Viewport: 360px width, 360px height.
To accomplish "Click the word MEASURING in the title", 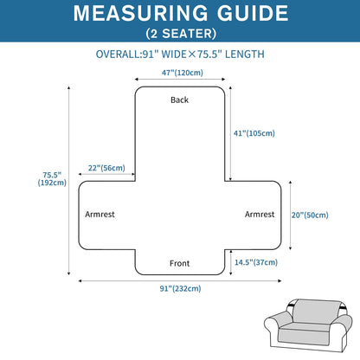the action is [x=140, y=13].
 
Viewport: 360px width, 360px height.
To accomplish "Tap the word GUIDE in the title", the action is [x=253, y=13].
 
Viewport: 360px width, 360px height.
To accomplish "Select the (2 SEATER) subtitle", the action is [x=181, y=34].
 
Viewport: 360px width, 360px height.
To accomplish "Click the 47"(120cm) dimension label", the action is [x=183, y=73].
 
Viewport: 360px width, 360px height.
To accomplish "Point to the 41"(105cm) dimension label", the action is [x=254, y=133].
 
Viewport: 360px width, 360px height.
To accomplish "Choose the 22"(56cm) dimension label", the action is [x=106, y=168].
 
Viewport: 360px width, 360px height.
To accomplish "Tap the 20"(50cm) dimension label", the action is [x=310, y=215].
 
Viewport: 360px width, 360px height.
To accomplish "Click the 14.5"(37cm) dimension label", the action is [x=256, y=262].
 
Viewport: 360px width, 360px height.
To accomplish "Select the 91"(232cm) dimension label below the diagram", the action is [x=181, y=288].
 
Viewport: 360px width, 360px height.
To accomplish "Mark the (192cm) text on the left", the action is [x=52, y=183].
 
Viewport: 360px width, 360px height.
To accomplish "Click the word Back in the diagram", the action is [x=179, y=100].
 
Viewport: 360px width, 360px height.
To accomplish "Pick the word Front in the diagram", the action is [x=179, y=263].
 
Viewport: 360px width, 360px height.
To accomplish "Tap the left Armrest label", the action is [x=100, y=215].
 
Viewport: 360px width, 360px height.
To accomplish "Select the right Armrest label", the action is [x=260, y=215].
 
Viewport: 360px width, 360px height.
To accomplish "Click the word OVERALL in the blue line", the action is [x=118, y=55].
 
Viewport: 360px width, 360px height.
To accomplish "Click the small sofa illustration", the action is [x=308, y=325].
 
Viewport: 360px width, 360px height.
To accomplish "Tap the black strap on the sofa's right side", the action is [x=343, y=305].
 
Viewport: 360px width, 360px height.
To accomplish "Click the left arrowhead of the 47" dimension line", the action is [x=136, y=80].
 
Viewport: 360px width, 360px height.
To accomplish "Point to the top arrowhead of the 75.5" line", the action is [x=68, y=87].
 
